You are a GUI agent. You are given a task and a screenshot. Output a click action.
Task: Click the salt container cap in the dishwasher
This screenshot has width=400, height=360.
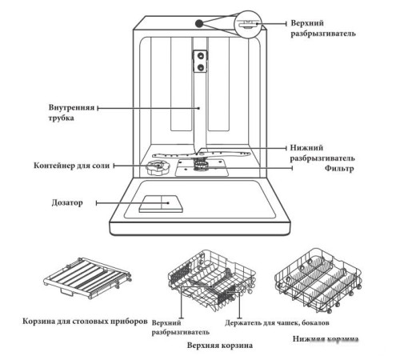pyautogui.click(x=155, y=166)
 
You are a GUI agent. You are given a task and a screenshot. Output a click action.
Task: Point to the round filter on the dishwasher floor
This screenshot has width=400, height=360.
pyautogui.click(x=199, y=166)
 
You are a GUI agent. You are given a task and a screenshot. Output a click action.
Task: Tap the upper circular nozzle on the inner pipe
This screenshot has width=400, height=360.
pyautogui.click(x=199, y=55)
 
